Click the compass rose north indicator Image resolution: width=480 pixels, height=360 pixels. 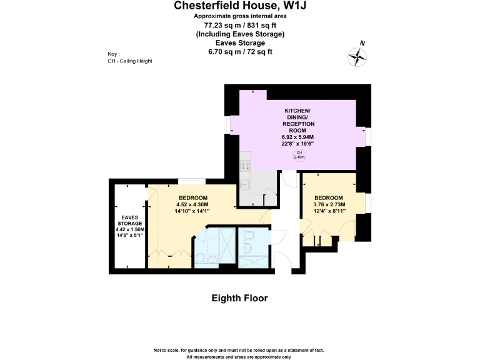click(357, 57)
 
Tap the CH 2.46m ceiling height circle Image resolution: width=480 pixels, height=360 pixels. click(299, 155)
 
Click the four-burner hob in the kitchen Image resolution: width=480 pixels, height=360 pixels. click(245, 166)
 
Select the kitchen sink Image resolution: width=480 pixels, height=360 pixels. click(244, 184)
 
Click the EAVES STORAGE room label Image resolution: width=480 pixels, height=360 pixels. click(130, 221)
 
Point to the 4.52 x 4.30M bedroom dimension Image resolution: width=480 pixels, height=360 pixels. click(192, 204)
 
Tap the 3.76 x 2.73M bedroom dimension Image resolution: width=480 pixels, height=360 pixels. click(329, 204)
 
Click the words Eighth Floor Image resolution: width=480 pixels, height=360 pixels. click(240, 298)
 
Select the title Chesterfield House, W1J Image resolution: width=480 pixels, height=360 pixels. click(240, 6)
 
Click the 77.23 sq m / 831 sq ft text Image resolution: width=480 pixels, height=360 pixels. click(240, 25)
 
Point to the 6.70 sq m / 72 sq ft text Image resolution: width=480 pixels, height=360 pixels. click(240, 52)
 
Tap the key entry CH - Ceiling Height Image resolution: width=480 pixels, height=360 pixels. click(130, 61)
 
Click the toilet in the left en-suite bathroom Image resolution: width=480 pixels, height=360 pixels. click(200, 259)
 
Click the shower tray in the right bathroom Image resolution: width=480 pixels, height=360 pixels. click(254, 262)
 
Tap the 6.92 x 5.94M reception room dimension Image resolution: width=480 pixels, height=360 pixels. click(298, 137)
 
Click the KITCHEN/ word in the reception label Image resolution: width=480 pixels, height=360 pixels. click(297, 111)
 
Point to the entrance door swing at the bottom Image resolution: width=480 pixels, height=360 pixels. click(284, 261)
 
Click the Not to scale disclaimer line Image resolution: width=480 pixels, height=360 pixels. click(239, 350)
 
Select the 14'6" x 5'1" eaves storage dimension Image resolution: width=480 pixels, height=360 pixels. click(130, 236)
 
